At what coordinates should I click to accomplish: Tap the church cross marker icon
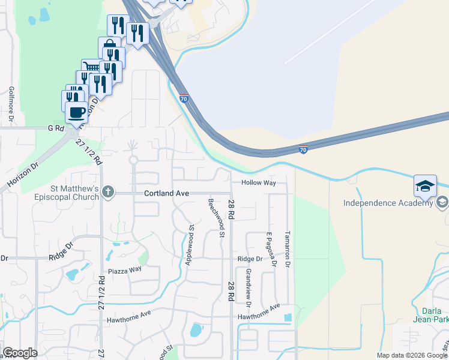pyautogui.click(x=107, y=193)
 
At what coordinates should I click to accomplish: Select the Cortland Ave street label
pyautogui.click(x=166, y=193)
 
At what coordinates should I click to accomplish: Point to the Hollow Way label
pyautogui.click(x=259, y=182)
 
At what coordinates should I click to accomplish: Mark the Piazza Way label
pyautogui.click(x=125, y=269)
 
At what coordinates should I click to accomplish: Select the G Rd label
pyautogui.click(x=55, y=128)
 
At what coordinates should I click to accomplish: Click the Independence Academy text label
pyautogui.click(x=388, y=203)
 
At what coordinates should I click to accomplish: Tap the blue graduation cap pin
pyautogui.click(x=425, y=186)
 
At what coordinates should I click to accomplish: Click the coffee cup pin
pyautogui.click(x=76, y=112)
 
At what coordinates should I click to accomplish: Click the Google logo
pyautogui.click(x=20, y=353)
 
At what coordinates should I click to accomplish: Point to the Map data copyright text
pyautogui.click(x=412, y=355)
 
